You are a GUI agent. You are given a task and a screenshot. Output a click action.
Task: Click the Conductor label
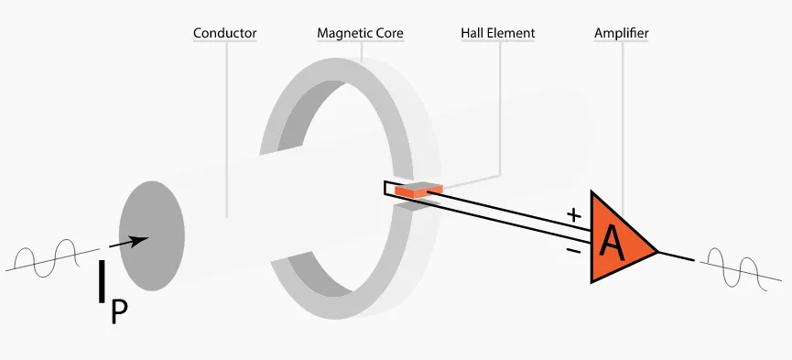(x=224, y=34)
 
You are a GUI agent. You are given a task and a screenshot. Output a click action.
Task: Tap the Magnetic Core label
(x=360, y=34)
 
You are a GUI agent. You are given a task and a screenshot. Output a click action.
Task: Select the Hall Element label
(x=497, y=34)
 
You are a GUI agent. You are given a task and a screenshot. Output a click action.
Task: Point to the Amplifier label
(x=622, y=34)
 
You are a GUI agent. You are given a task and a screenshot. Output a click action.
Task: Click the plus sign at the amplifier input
(x=574, y=216)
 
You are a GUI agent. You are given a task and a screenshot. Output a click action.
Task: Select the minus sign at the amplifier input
(x=574, y=248)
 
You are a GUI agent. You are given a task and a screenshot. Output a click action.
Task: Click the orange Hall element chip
(x=418, y=190)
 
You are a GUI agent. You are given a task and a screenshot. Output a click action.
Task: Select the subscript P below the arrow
(x=119, y=311)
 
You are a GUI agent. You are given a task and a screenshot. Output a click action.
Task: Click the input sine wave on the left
(x=47, y=259)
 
